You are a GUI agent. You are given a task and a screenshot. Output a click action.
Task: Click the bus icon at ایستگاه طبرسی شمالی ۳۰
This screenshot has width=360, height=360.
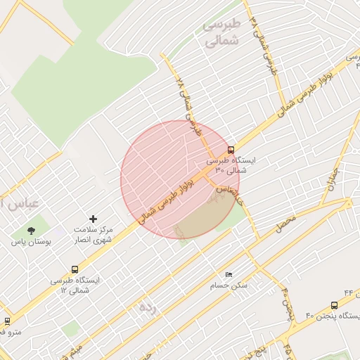231,150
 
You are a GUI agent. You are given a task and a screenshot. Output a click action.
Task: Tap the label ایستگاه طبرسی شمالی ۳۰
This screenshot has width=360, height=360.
236,165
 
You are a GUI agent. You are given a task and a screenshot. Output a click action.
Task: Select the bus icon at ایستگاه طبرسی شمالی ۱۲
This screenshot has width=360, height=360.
75,269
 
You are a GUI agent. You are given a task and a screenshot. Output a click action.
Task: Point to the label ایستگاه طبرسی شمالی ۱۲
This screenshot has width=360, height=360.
75,285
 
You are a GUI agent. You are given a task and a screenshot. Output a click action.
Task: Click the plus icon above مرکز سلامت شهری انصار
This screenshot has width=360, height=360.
94,220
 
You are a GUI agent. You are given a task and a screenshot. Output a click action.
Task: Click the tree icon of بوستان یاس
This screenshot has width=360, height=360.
30,230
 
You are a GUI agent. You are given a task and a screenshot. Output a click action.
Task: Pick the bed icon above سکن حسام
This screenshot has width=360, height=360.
229,274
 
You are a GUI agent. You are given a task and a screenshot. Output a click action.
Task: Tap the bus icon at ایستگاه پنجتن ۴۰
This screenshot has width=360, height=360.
334,305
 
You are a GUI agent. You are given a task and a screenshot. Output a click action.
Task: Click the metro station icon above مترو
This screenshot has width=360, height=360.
7,321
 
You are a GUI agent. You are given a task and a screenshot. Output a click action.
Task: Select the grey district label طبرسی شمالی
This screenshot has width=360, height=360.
221,33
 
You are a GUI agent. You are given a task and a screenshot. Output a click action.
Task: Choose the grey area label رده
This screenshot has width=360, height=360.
147,307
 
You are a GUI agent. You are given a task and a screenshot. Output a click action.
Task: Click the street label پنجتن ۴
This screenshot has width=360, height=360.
288,302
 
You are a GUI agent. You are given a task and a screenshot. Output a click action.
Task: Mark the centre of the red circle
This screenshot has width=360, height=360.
180,180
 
